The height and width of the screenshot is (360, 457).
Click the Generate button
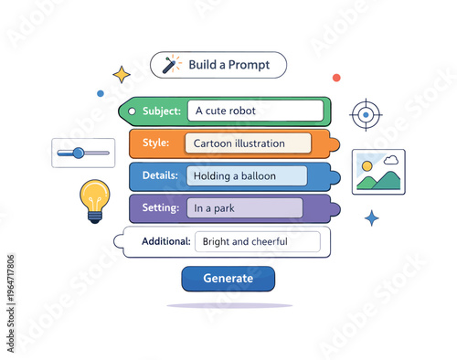pos(228,279)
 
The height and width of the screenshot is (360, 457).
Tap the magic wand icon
pos(171,65)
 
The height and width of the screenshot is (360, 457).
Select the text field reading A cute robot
pos(255,111)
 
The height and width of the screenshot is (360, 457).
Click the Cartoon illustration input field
pos(247,143)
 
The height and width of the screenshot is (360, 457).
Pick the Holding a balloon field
pos(247,175)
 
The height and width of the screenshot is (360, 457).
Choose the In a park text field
pos(244,208)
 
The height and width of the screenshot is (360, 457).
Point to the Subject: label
pos(162,111)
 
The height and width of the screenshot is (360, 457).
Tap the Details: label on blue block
pos(159,175)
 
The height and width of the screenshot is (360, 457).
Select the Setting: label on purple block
pos(160,208)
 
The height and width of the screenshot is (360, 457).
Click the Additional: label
pos(165,241)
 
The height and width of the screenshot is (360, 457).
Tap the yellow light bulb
pos(94,197)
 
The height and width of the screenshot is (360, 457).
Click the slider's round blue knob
pos(78,153)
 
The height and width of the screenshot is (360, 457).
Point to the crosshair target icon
pos(366,115)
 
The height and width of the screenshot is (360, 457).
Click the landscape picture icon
pos(378,172)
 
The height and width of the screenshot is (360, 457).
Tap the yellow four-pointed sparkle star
pos(121,74)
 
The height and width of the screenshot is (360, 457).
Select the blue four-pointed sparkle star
pos(371,217)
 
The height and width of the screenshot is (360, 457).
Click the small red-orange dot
pos(336,78)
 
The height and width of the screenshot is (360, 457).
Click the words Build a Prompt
pos(229,65)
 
